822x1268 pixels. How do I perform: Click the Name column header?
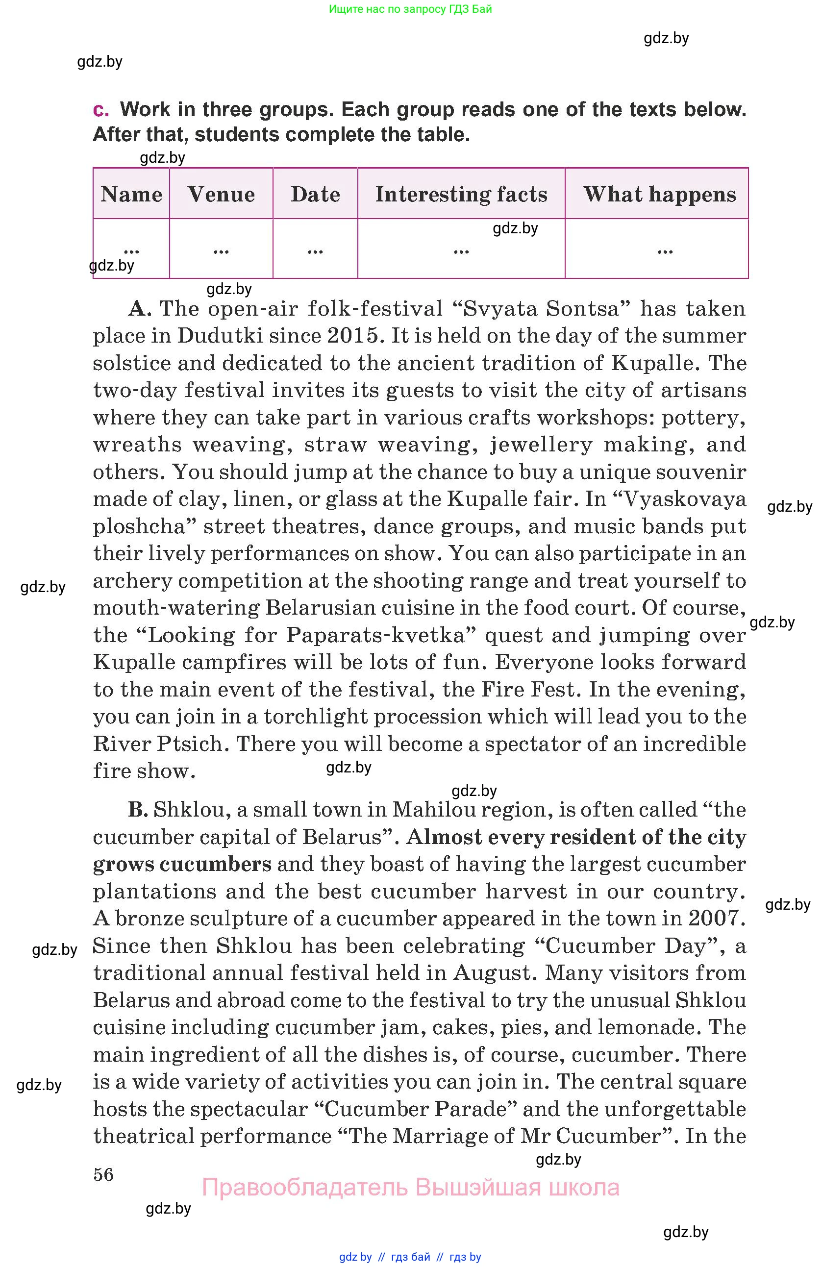click(131, 194)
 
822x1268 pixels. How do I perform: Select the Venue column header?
click(221, 194)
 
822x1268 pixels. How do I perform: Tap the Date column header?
click(315, 194)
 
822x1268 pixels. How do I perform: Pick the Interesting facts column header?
click(461, 194)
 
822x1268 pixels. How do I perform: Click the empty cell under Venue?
click(221, 249)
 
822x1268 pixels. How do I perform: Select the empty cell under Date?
click(315, 249)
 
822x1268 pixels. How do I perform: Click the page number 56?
click(103, 1174)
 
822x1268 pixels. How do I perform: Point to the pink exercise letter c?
click(100, 109)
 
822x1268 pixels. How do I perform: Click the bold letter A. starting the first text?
click(140, 308)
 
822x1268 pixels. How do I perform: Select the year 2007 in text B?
click(716, 919)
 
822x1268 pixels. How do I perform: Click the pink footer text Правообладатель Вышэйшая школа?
click(410, 1187)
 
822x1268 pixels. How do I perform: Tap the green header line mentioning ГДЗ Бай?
click(410, 9)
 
